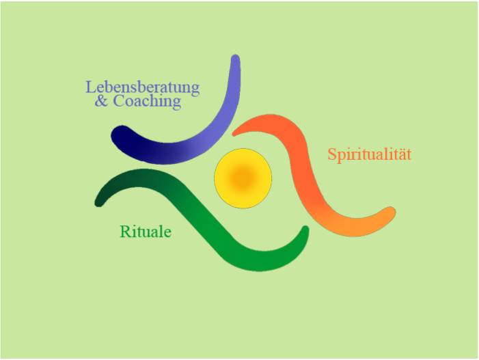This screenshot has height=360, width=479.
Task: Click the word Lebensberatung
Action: tap(142, 87)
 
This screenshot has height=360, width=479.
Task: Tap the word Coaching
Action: tap(147, 101)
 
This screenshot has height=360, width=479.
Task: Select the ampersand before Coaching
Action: tap(101, 101)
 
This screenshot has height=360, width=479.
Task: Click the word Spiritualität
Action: tap(370, 154)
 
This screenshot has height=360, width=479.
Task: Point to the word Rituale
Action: tap(146, 232)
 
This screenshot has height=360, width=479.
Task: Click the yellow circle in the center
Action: tap(243, 178)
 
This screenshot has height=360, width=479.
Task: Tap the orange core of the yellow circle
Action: tap(243, 177)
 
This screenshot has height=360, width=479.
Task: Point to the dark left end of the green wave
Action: tap(99, 202)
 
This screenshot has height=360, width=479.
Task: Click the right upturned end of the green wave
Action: tap(305, 230)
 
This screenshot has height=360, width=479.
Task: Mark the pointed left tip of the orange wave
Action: tap(234, 133)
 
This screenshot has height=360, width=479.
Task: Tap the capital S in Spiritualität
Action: tap(332, 154)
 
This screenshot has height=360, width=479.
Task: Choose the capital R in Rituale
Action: tap(125, 232)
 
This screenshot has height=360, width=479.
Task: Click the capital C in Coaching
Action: tap(119, 101)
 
